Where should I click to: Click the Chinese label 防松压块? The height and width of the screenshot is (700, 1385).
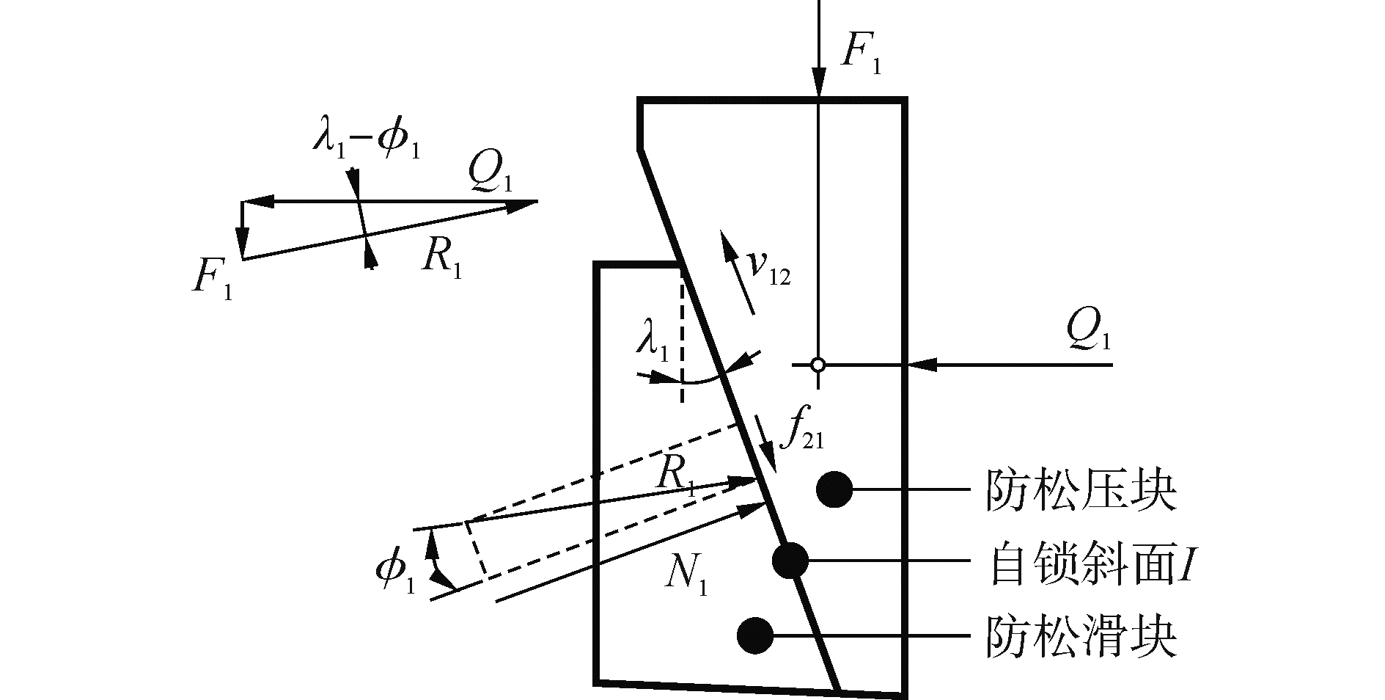click(1081, 490)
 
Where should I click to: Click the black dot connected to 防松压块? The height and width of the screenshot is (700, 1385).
click(834, 489)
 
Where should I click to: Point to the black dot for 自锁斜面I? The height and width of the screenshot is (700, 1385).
click(790, 561)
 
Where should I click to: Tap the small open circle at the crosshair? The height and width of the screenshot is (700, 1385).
click(818, 364)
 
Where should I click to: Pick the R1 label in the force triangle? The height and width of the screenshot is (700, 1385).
click(441, 257)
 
